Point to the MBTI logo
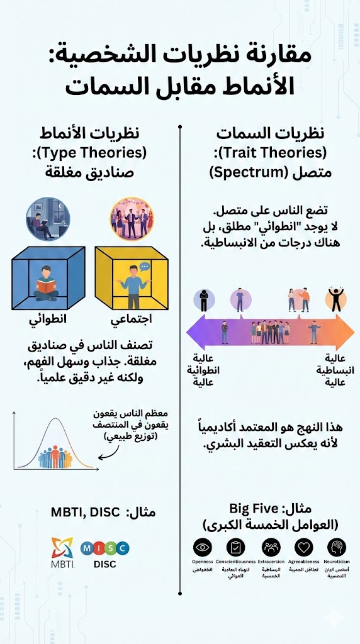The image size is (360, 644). click(62, 551)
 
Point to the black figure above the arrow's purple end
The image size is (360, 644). click(204, 300)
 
